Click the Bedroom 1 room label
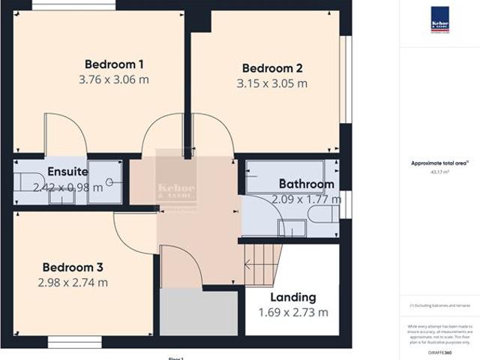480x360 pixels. (114, 64)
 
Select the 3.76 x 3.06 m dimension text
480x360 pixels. (114, 79)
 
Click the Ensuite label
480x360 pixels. (67, 172)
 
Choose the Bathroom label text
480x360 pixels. (306, 184)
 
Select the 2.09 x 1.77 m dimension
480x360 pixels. (306, 199)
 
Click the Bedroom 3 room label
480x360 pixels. (72, 267)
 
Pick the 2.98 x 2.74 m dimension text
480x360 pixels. (72, 282)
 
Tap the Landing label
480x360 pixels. (293, 297)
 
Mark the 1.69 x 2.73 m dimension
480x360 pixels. (293, 312)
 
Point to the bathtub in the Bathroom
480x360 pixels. (285, 176)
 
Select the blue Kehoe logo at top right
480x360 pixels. (440, 19)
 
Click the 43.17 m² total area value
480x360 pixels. (440, 172)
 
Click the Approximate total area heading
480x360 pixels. (440, 163)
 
